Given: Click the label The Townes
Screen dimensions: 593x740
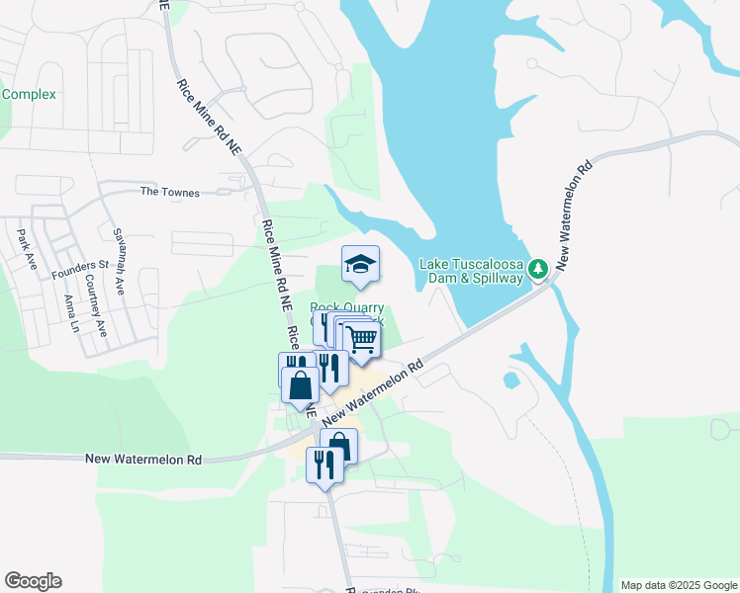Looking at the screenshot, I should pyautogui.click(x=169, y=193).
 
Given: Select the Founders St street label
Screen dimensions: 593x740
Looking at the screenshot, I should pyautogui.click(x=79, y=266).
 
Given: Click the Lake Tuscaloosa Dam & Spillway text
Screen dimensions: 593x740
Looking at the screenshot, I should pyautogui.click(x=471, y=271).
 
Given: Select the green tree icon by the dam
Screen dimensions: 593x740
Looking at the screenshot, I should pyautogui.click(x=537, y=268).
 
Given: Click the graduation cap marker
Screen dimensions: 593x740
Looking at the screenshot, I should pyautogui.click(x=360, y=264).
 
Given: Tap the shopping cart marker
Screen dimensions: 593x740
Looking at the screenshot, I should pyautogui.click(x=362, y=338).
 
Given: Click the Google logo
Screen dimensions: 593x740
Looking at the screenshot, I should pyautogui.click(x=33, y=581).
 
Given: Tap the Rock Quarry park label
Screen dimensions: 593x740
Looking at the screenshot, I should pyautogui.click(x=347, y=308).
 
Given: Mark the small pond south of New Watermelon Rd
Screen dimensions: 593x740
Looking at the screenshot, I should pyautogui.click(x=510, y=380).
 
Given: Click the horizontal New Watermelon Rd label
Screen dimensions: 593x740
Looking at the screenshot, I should pyautogui.click(x=143, y=460).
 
